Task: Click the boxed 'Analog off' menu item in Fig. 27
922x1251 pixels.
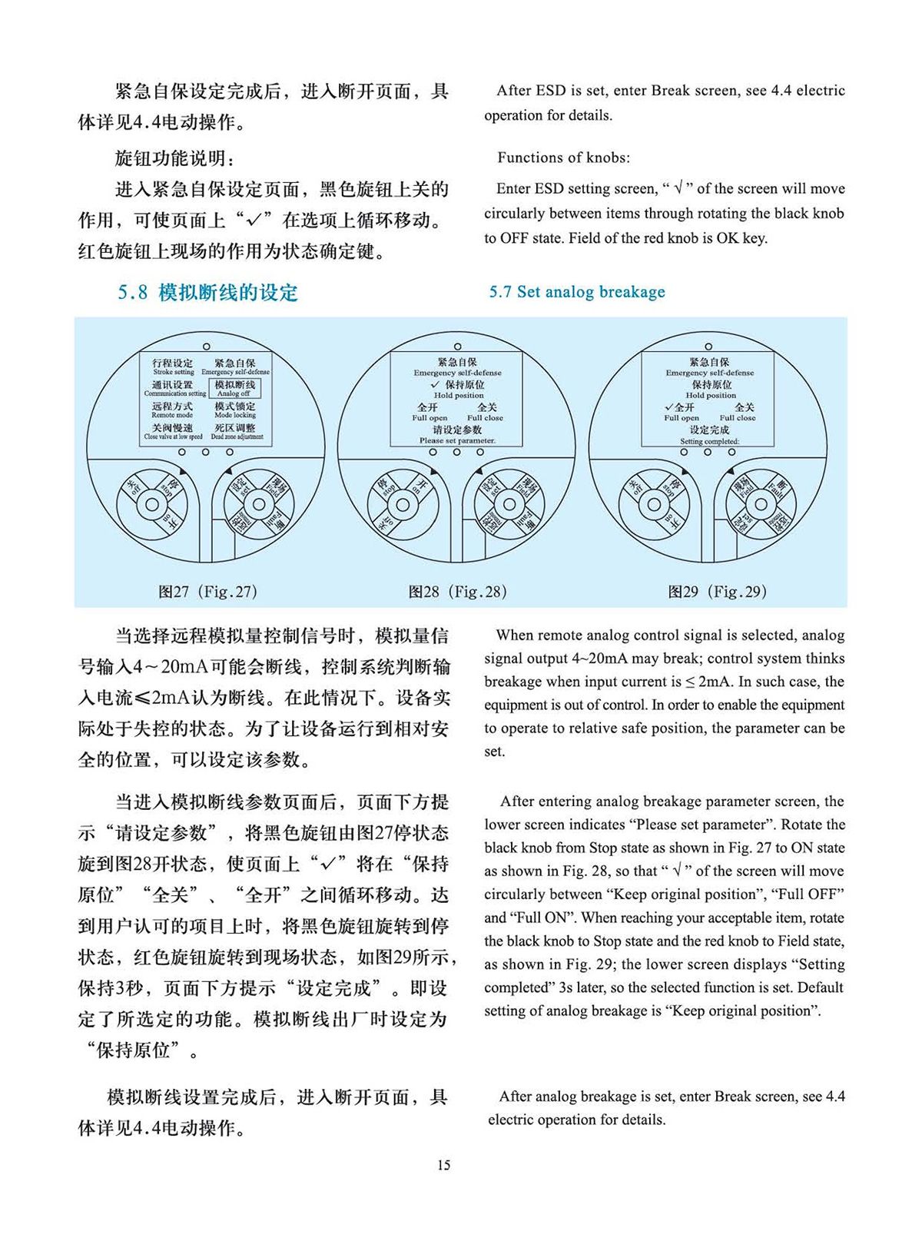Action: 234,388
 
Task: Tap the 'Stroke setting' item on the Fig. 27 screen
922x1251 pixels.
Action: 173,367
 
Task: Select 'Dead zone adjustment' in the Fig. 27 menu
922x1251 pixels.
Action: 236,431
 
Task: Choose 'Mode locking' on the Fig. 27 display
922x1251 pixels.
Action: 235,410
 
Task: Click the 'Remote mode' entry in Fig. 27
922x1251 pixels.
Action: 172,410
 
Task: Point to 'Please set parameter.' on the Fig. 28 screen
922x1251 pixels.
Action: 457,440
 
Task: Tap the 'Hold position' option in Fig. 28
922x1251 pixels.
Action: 459,389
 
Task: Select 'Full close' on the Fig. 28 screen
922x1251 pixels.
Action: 486,412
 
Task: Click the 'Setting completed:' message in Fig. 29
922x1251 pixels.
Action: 709,441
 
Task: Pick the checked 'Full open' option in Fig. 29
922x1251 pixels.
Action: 681,412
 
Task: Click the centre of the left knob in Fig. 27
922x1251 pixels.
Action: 152,504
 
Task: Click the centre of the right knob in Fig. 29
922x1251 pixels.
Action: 760,504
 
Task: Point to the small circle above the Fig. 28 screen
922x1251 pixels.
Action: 457,347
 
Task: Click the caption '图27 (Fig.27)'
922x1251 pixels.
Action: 207,592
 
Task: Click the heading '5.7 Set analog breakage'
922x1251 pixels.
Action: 577,292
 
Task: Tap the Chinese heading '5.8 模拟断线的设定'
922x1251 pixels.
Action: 207,293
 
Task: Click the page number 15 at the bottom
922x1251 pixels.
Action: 444,1165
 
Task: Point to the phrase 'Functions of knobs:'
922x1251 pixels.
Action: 563,158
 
